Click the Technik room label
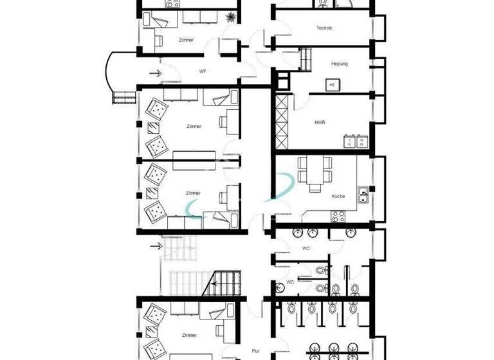click(324, 28)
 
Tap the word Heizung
click(339, 64)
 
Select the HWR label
click(320, 122)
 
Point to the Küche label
click(338, 196)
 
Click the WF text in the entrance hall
click(202, 71)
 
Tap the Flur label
click(255, 351)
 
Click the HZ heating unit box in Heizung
click(332, 84)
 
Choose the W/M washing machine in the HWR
click(362, 141)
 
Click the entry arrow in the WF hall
click(156, 72)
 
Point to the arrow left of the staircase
click(156, 245)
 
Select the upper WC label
click(306, 248)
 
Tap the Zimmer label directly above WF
click(186, 40)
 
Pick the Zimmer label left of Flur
click(189, 335)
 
